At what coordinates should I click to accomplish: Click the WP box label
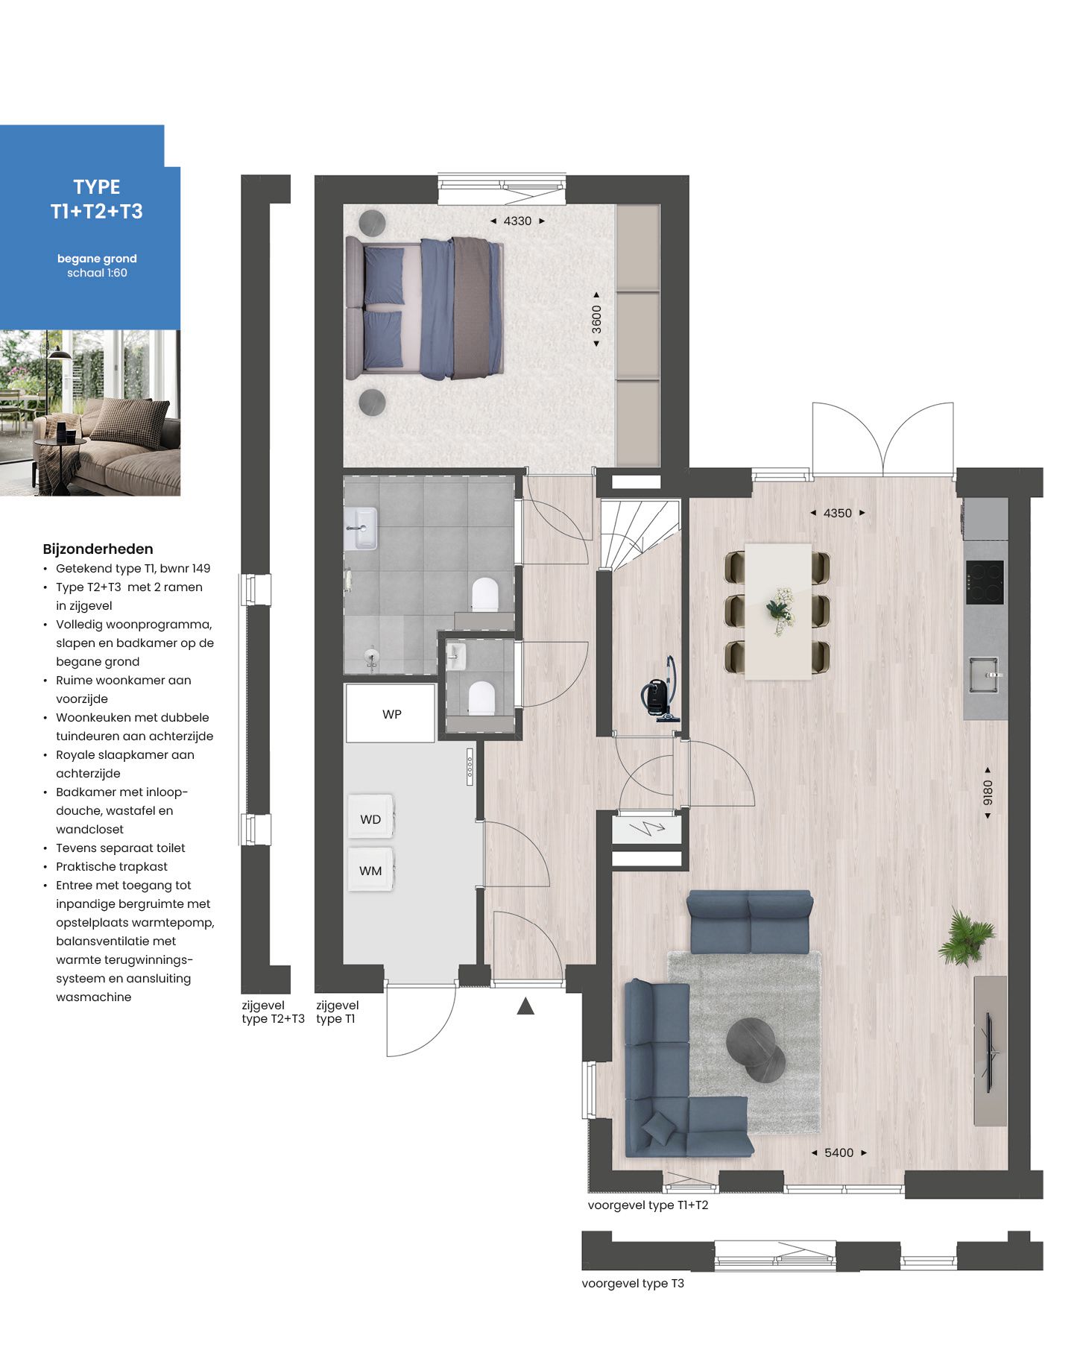(391, 714)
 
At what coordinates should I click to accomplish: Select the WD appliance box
(370, 818)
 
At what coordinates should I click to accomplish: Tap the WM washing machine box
(370, 870)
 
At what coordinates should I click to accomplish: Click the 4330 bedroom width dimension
(517, 221)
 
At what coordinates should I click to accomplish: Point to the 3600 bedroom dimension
(596, 320)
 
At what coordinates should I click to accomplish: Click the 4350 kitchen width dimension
(837, 513)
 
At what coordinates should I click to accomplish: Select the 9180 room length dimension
(988, 792)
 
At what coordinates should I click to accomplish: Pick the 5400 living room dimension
(839, 1152)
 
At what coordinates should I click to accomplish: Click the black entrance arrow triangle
(525, 1007)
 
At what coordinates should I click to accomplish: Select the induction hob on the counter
(985, 582)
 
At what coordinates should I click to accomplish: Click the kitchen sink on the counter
(984, 674)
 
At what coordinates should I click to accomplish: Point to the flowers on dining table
(779, 611)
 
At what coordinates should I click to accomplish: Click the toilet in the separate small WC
(481, 698)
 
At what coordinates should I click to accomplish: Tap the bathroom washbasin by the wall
(361, 528)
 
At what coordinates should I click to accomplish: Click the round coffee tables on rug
(756, 1050)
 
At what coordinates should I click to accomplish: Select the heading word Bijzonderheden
(98, 549)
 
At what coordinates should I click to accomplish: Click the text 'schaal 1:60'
(97, 273)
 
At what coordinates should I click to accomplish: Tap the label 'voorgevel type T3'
(633, 1283)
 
